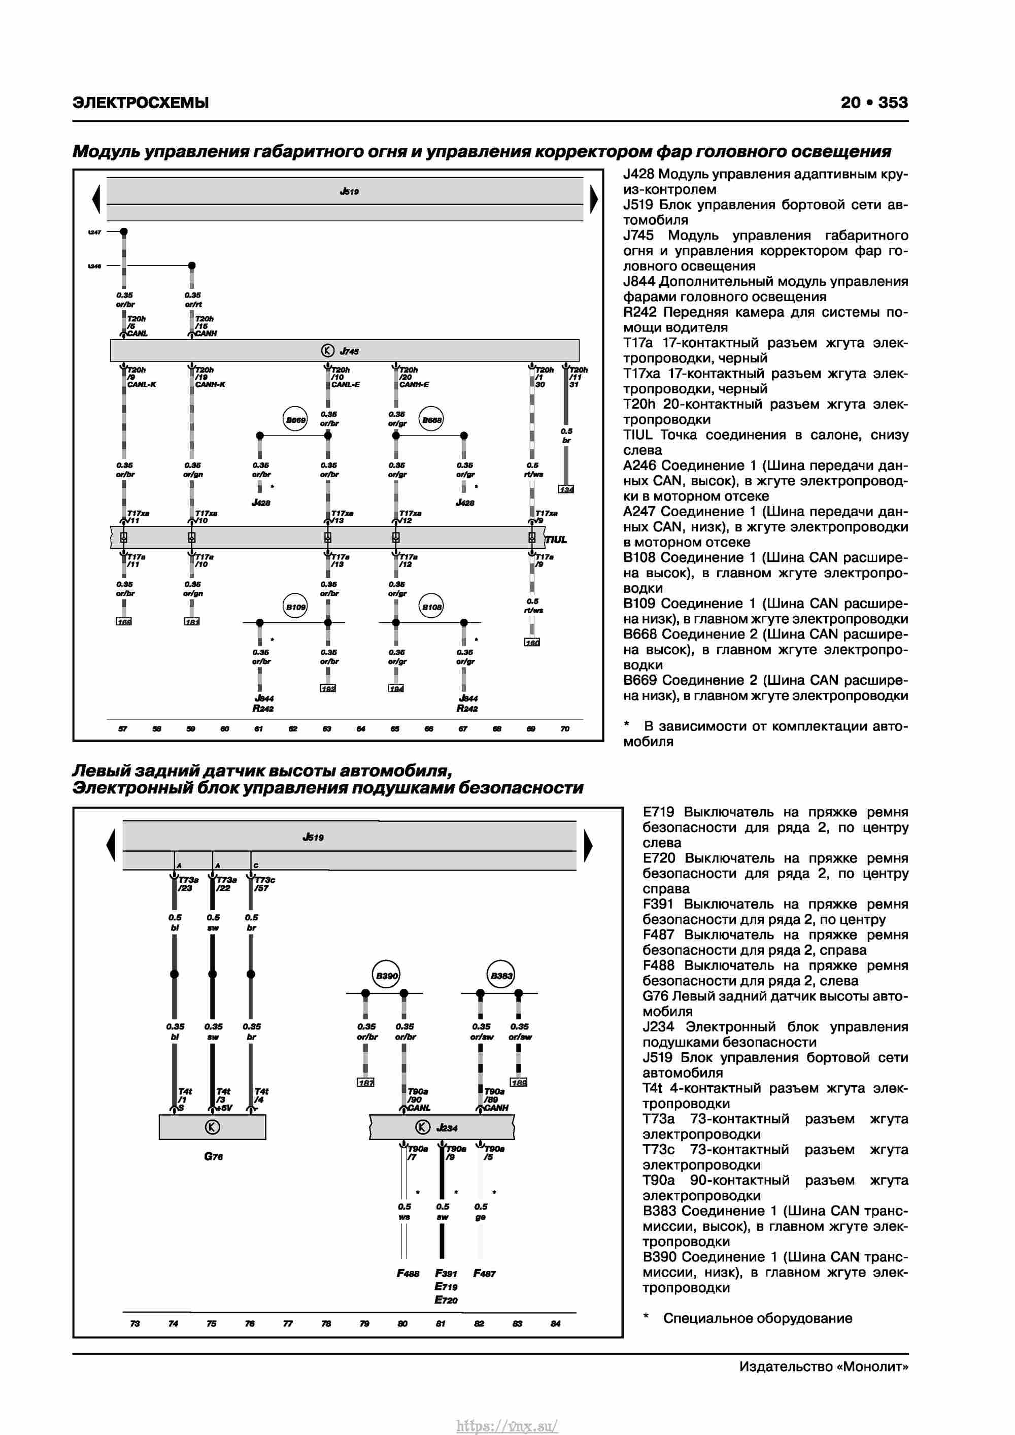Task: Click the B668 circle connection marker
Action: [431, 420]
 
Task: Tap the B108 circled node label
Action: [431, 606]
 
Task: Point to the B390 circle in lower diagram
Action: [386, 976]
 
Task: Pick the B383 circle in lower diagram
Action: [500, 976]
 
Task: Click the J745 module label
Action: [349, 351]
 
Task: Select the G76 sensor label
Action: [213, 1156]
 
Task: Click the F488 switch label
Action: [408, 1273]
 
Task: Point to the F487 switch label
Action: [484, 1273]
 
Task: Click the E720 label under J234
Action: [446, 1300]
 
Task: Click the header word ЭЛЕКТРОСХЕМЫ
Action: [141, 103]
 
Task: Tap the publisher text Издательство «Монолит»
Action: [823, 1367]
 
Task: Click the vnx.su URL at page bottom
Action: [507, 1426]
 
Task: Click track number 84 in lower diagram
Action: [555, 1323]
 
